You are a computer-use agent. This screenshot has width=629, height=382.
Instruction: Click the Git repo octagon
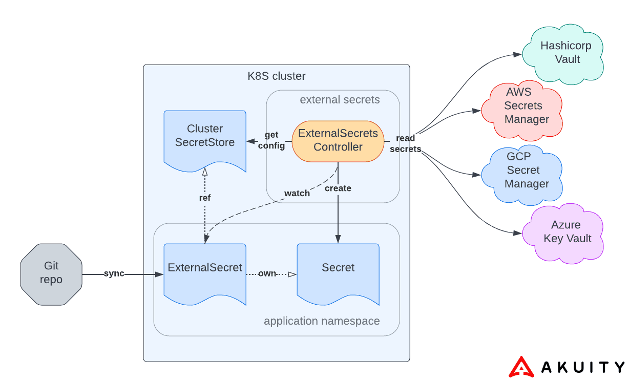coord(51,274)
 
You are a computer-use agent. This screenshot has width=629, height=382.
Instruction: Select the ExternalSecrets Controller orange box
coord(338,140)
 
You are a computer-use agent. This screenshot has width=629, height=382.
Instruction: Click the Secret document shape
coord(338,271)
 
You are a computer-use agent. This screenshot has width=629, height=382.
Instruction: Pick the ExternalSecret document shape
coord(205,271)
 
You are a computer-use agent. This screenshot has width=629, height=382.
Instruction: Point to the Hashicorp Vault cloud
coord(563,52)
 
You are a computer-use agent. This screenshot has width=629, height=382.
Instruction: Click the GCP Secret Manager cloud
coord(522,171)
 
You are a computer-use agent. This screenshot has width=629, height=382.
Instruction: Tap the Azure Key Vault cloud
coord(563,232)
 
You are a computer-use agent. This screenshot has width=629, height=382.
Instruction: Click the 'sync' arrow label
coord(114,273)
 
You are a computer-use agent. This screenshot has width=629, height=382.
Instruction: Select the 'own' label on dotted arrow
coord(267,273)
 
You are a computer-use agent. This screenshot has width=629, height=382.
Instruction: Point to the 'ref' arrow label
coord(205,197)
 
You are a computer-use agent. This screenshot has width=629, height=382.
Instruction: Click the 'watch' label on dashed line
coord(297,193)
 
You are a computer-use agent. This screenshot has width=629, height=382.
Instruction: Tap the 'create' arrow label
coord(338,188)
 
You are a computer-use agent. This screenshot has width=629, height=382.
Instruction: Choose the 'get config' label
coord(271,140)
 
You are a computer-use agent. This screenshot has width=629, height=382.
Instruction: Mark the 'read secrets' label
coord(406,143)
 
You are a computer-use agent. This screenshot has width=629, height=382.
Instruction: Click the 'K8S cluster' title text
coord(276,76)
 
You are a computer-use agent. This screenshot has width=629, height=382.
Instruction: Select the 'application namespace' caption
coord(322,321)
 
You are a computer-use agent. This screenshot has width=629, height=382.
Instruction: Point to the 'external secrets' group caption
coord(340,99)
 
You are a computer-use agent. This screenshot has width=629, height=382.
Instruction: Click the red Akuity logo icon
coord(521,367)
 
